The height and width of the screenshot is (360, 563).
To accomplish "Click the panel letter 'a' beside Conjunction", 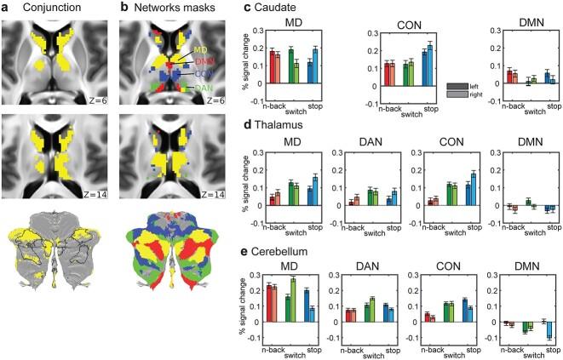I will tap(5, 8).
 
